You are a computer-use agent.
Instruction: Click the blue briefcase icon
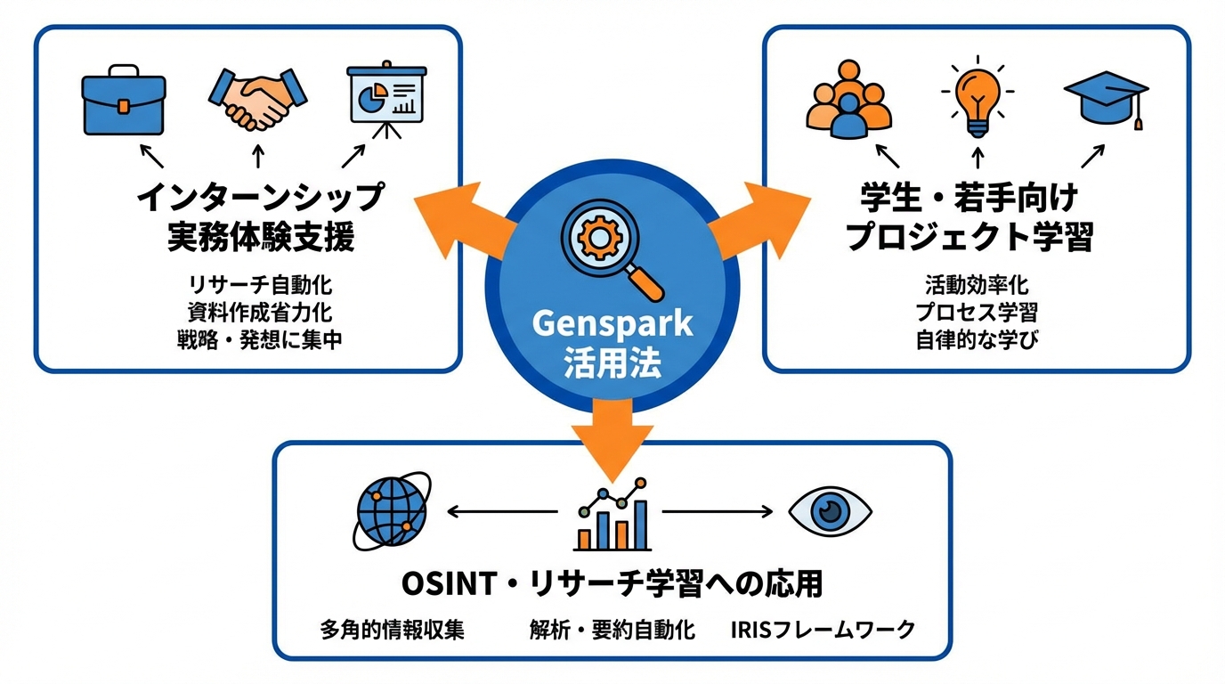124,101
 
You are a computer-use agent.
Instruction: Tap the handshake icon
257,97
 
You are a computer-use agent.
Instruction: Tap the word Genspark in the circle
612,324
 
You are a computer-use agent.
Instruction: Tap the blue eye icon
830,510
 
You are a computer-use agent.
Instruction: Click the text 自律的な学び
977,339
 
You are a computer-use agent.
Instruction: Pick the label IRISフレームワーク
823,630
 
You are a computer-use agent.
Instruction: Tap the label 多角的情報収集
393,630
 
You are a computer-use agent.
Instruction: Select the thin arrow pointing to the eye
718,511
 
